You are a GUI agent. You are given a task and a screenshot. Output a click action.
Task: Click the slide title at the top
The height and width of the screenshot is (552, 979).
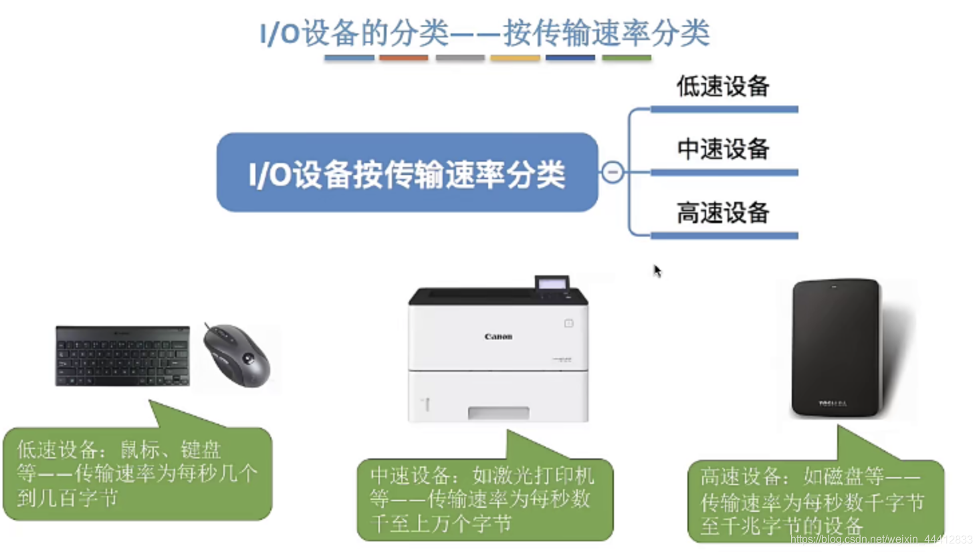tap(485, 32)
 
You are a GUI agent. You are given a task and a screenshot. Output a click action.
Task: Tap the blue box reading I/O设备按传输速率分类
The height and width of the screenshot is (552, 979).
tap(407, 173)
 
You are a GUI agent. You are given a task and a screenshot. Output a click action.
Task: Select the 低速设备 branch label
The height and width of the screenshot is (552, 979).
tap(723, 86)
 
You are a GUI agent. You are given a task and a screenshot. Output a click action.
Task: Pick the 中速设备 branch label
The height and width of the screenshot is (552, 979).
tap(723, 148)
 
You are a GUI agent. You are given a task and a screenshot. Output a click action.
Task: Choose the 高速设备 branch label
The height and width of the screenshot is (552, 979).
tap(723, 213)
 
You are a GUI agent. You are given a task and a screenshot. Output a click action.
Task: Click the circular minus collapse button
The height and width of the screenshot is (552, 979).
tap(613, 172)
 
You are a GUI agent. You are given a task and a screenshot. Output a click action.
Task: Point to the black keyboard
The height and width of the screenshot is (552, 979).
tap(122, 356)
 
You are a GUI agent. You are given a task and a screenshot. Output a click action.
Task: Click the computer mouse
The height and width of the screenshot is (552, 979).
tap(239, 354)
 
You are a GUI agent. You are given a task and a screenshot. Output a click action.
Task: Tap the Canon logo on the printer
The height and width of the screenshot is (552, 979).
tap(498, 337)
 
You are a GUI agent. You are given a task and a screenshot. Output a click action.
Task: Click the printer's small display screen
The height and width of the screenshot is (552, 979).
tap(552, 283)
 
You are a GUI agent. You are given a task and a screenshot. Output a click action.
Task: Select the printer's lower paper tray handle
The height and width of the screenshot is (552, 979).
tap(498, 412)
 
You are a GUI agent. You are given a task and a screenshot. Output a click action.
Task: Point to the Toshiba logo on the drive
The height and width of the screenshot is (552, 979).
tap(833, 403)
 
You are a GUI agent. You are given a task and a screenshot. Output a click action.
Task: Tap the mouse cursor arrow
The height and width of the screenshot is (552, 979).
tap(657, 270)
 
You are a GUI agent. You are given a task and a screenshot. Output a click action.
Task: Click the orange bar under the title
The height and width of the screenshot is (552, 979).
tap(403, 58)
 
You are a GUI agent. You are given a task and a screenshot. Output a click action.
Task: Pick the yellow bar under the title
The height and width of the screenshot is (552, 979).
tap(515, 58)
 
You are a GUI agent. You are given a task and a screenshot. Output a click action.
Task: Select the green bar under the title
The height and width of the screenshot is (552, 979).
tap(627, 58)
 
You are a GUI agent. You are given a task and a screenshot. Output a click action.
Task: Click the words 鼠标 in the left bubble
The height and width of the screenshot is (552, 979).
tap(140, 449)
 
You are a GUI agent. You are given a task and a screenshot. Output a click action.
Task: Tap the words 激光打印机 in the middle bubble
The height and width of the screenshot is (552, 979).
tap(533, 475)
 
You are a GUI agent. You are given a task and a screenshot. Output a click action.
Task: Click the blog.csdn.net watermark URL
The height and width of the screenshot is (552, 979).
tap(881, 539)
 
